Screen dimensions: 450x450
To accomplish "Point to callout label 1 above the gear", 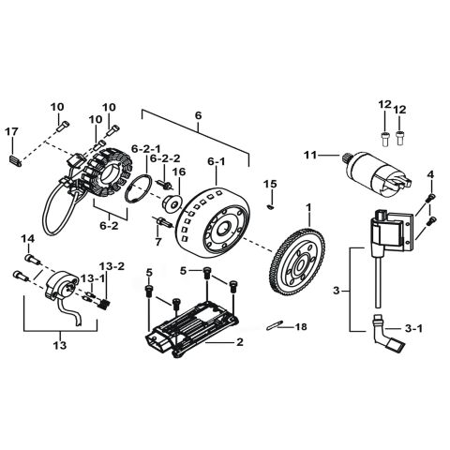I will (x=307, y=207).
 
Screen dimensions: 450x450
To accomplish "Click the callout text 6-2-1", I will (x=146, y=148).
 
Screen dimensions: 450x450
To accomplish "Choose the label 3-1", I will (x=413, y=329).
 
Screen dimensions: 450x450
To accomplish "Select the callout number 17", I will (x=12, y=131).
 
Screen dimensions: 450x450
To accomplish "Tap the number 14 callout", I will (x=27, y=239).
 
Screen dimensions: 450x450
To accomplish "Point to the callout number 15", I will (x=270, y=182).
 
